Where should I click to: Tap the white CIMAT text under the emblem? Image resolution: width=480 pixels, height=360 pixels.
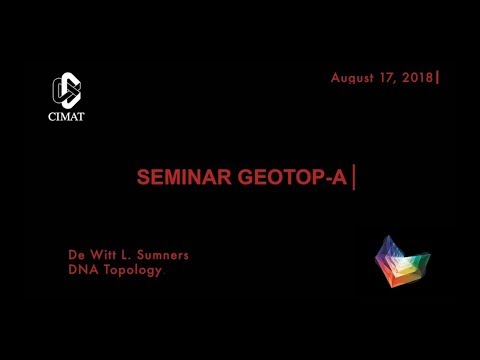tap(68, 115)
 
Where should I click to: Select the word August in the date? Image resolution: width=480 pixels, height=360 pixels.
tap(352, 78)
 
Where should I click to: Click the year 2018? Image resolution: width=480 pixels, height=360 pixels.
tap(416, 78)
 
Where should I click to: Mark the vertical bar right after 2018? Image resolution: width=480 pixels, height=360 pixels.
tap(437, 77)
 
